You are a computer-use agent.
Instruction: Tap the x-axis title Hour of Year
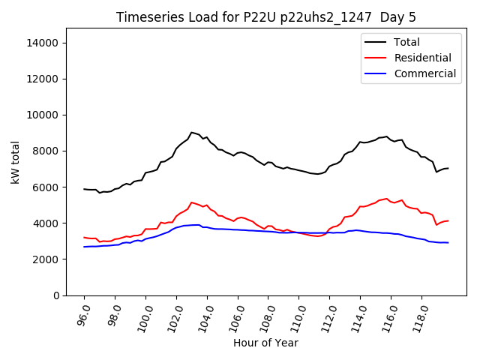(x=265, y=343)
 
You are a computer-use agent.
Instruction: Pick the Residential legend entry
(x=422, y=58)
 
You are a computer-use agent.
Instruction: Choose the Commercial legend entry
(x=424, y=73)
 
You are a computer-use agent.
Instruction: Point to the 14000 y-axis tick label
(x=43, y=43)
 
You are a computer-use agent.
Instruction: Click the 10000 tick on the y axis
(x=43, y=115)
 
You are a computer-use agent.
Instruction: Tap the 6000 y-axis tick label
(x=46, y=187)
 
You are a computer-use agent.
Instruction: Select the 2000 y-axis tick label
(x=46, y=259)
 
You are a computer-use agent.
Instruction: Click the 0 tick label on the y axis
(x=55, y=295)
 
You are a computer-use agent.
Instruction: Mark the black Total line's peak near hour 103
(x=191, y=132)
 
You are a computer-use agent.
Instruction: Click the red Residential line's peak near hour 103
(x=192, y=202)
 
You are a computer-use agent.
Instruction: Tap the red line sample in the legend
(x=375, y=58)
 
